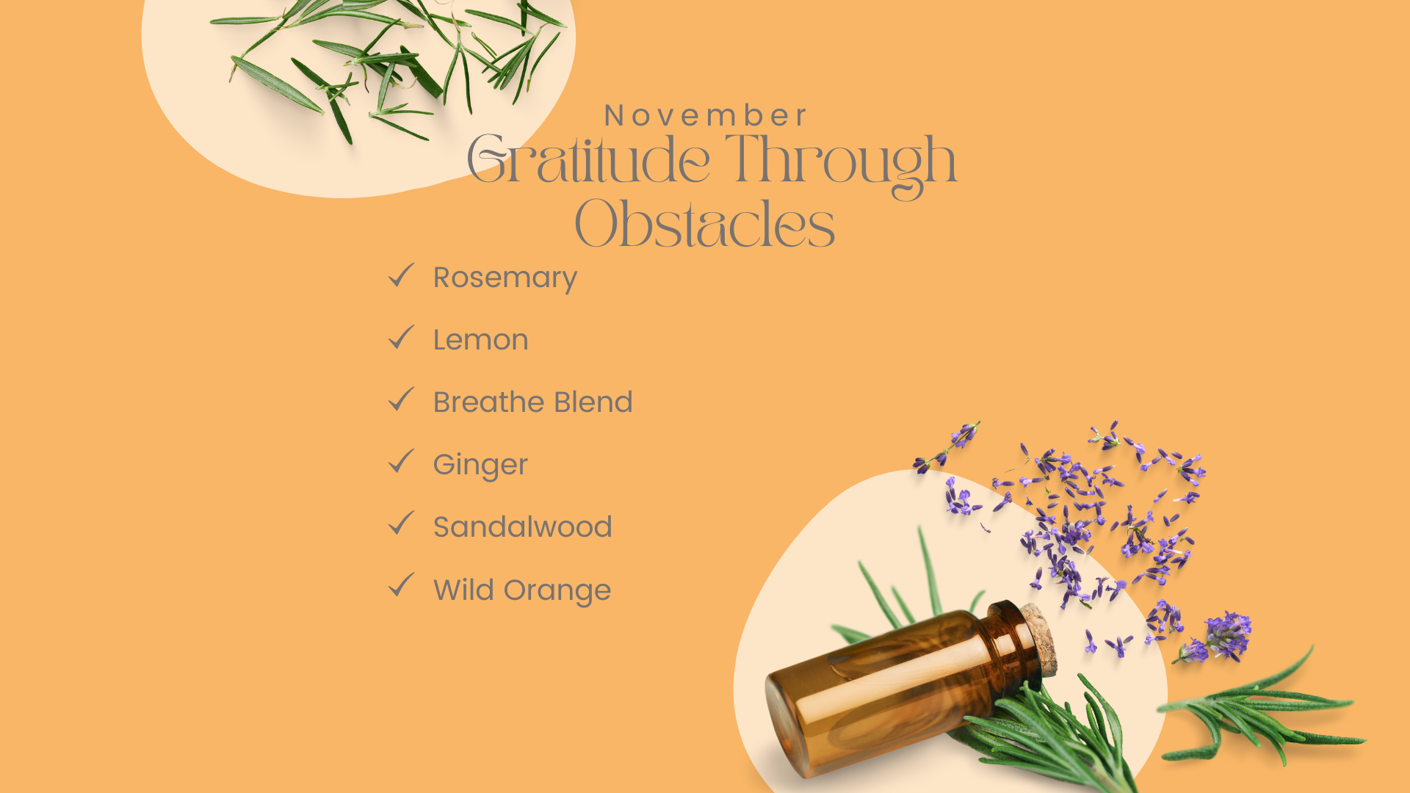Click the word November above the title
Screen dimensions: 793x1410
[705, 116]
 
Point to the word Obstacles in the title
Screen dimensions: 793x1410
[705, 224]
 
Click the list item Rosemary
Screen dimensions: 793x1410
[505, 278]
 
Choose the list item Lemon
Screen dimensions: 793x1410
[481, 340]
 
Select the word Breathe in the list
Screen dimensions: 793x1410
[488, 402]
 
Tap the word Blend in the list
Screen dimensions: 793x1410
[593, 402]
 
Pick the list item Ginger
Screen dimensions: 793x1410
[480, 466]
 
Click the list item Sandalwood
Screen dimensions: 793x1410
[522, 527]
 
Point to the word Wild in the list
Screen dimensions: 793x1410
[463, 590]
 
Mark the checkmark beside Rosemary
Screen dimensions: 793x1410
[401, 275]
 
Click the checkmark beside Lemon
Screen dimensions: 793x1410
[401, 337]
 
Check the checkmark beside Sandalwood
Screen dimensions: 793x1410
[401, 524]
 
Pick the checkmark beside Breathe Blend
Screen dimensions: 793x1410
[401, 399]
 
